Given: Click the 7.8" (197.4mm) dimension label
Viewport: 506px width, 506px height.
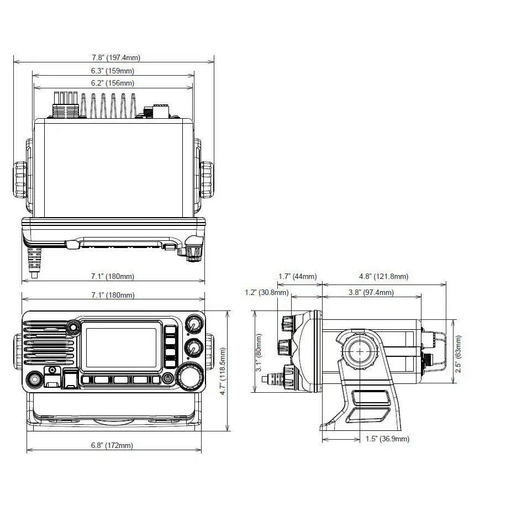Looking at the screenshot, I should (x=113, y=57).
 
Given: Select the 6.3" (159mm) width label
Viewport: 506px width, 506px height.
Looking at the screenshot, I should (x=113, y=71).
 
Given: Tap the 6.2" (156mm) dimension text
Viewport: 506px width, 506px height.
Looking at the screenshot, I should (x=113, y=83).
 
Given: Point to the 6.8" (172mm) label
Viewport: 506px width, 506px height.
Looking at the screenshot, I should (x=113, y=445).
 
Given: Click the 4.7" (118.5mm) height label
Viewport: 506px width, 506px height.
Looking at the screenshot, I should (x=223, y=371).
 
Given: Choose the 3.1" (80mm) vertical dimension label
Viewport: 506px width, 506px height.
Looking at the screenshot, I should (x=259, y=352).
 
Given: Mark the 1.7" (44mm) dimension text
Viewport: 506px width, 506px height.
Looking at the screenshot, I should (x=297, y=276).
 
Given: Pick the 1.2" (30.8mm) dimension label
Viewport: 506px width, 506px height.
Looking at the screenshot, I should (x=267, y=292).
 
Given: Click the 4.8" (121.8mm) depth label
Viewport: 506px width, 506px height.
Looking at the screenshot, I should (x=383, y=276).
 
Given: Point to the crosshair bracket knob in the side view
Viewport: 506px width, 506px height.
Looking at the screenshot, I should (x=360, y=350).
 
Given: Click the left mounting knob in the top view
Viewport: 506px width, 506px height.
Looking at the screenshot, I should (x=19, y=179).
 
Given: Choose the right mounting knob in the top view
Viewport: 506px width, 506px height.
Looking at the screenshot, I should (x=208, y=179).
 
